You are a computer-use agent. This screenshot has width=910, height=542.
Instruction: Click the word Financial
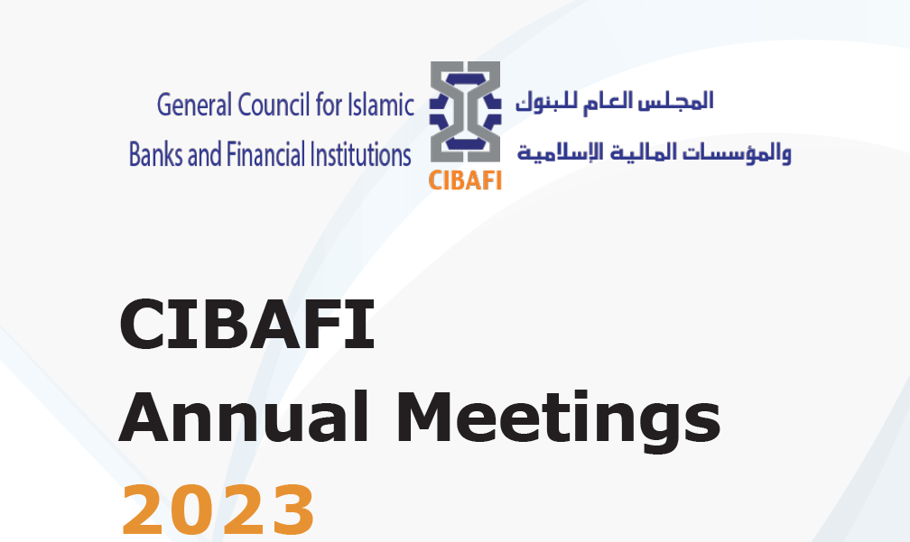pos(265,155)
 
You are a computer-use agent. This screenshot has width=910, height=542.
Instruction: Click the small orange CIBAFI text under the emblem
pos(465,180)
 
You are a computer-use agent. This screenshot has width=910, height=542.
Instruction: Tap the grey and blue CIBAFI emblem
pos(465,112)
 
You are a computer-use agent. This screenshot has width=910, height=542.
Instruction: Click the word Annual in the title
pos(244,417)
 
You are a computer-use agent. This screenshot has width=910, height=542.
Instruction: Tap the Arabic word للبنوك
pos(540,101)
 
